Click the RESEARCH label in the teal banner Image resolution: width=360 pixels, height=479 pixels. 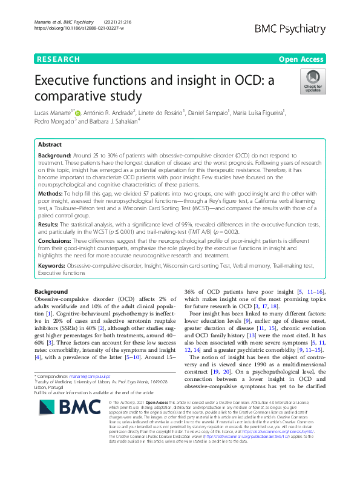58,59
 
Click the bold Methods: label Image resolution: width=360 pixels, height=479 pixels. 52,192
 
